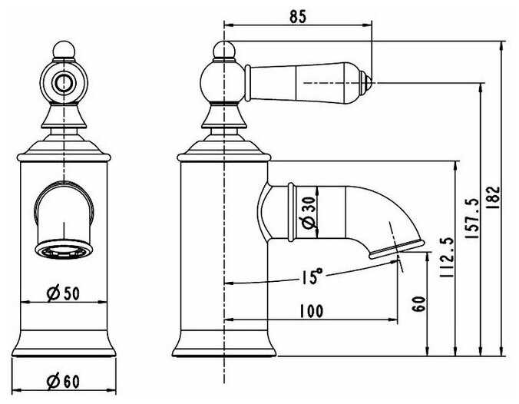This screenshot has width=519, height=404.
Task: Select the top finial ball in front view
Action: tap(64, 51)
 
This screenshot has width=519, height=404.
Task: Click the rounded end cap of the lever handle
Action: tap(368, 80)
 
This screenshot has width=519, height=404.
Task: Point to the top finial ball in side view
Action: tap(223, 51)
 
